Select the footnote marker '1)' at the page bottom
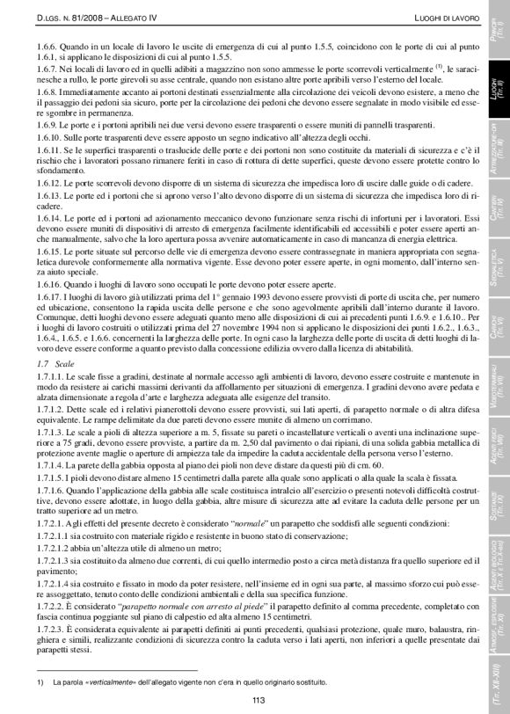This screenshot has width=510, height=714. pos(40,681)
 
